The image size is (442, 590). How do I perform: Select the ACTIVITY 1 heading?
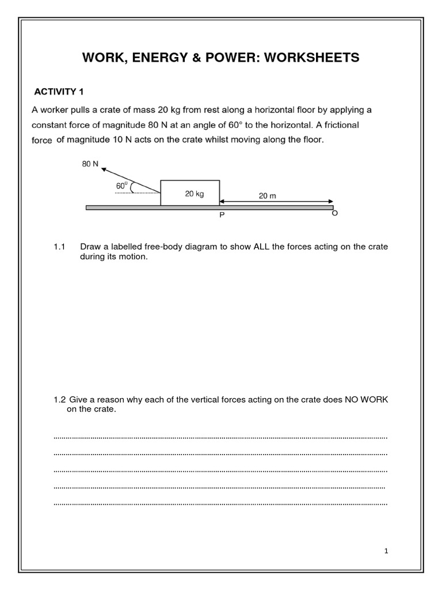[x=60, y=92]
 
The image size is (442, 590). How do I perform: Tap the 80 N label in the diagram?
[x=90, y=165]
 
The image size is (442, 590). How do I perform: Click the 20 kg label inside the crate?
[x=195, y=194]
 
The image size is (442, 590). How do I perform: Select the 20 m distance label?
[x=267, y=195]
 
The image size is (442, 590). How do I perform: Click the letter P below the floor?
[x=220, y=214]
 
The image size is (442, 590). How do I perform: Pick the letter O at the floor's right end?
[x=334, y=213]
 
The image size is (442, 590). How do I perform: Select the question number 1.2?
[x=60, y=399]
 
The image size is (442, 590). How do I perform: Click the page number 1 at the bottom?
[x=387, y=551]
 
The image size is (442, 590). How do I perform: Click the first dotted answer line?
[x=220, y=438]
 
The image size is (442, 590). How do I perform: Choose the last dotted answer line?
[x=220, y=504]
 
